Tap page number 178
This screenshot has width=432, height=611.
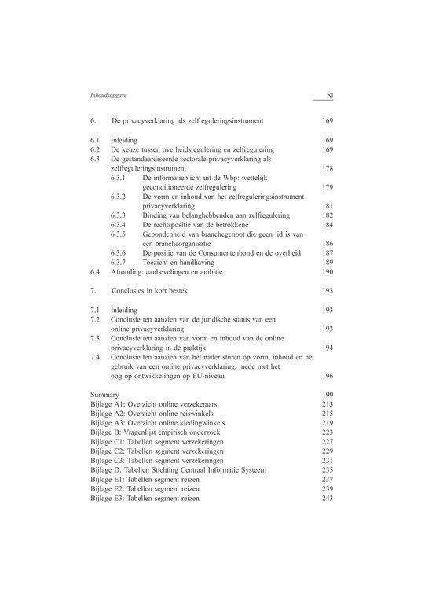[328, 168]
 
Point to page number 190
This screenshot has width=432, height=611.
[328, 272]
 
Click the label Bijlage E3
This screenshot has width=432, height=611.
[108, 499]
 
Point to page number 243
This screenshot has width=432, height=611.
[328, 499]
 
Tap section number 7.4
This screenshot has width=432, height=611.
[95, 357]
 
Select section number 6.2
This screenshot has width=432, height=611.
[95, 149]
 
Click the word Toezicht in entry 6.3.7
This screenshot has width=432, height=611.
[160, 263]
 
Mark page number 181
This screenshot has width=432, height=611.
[328, 206]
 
